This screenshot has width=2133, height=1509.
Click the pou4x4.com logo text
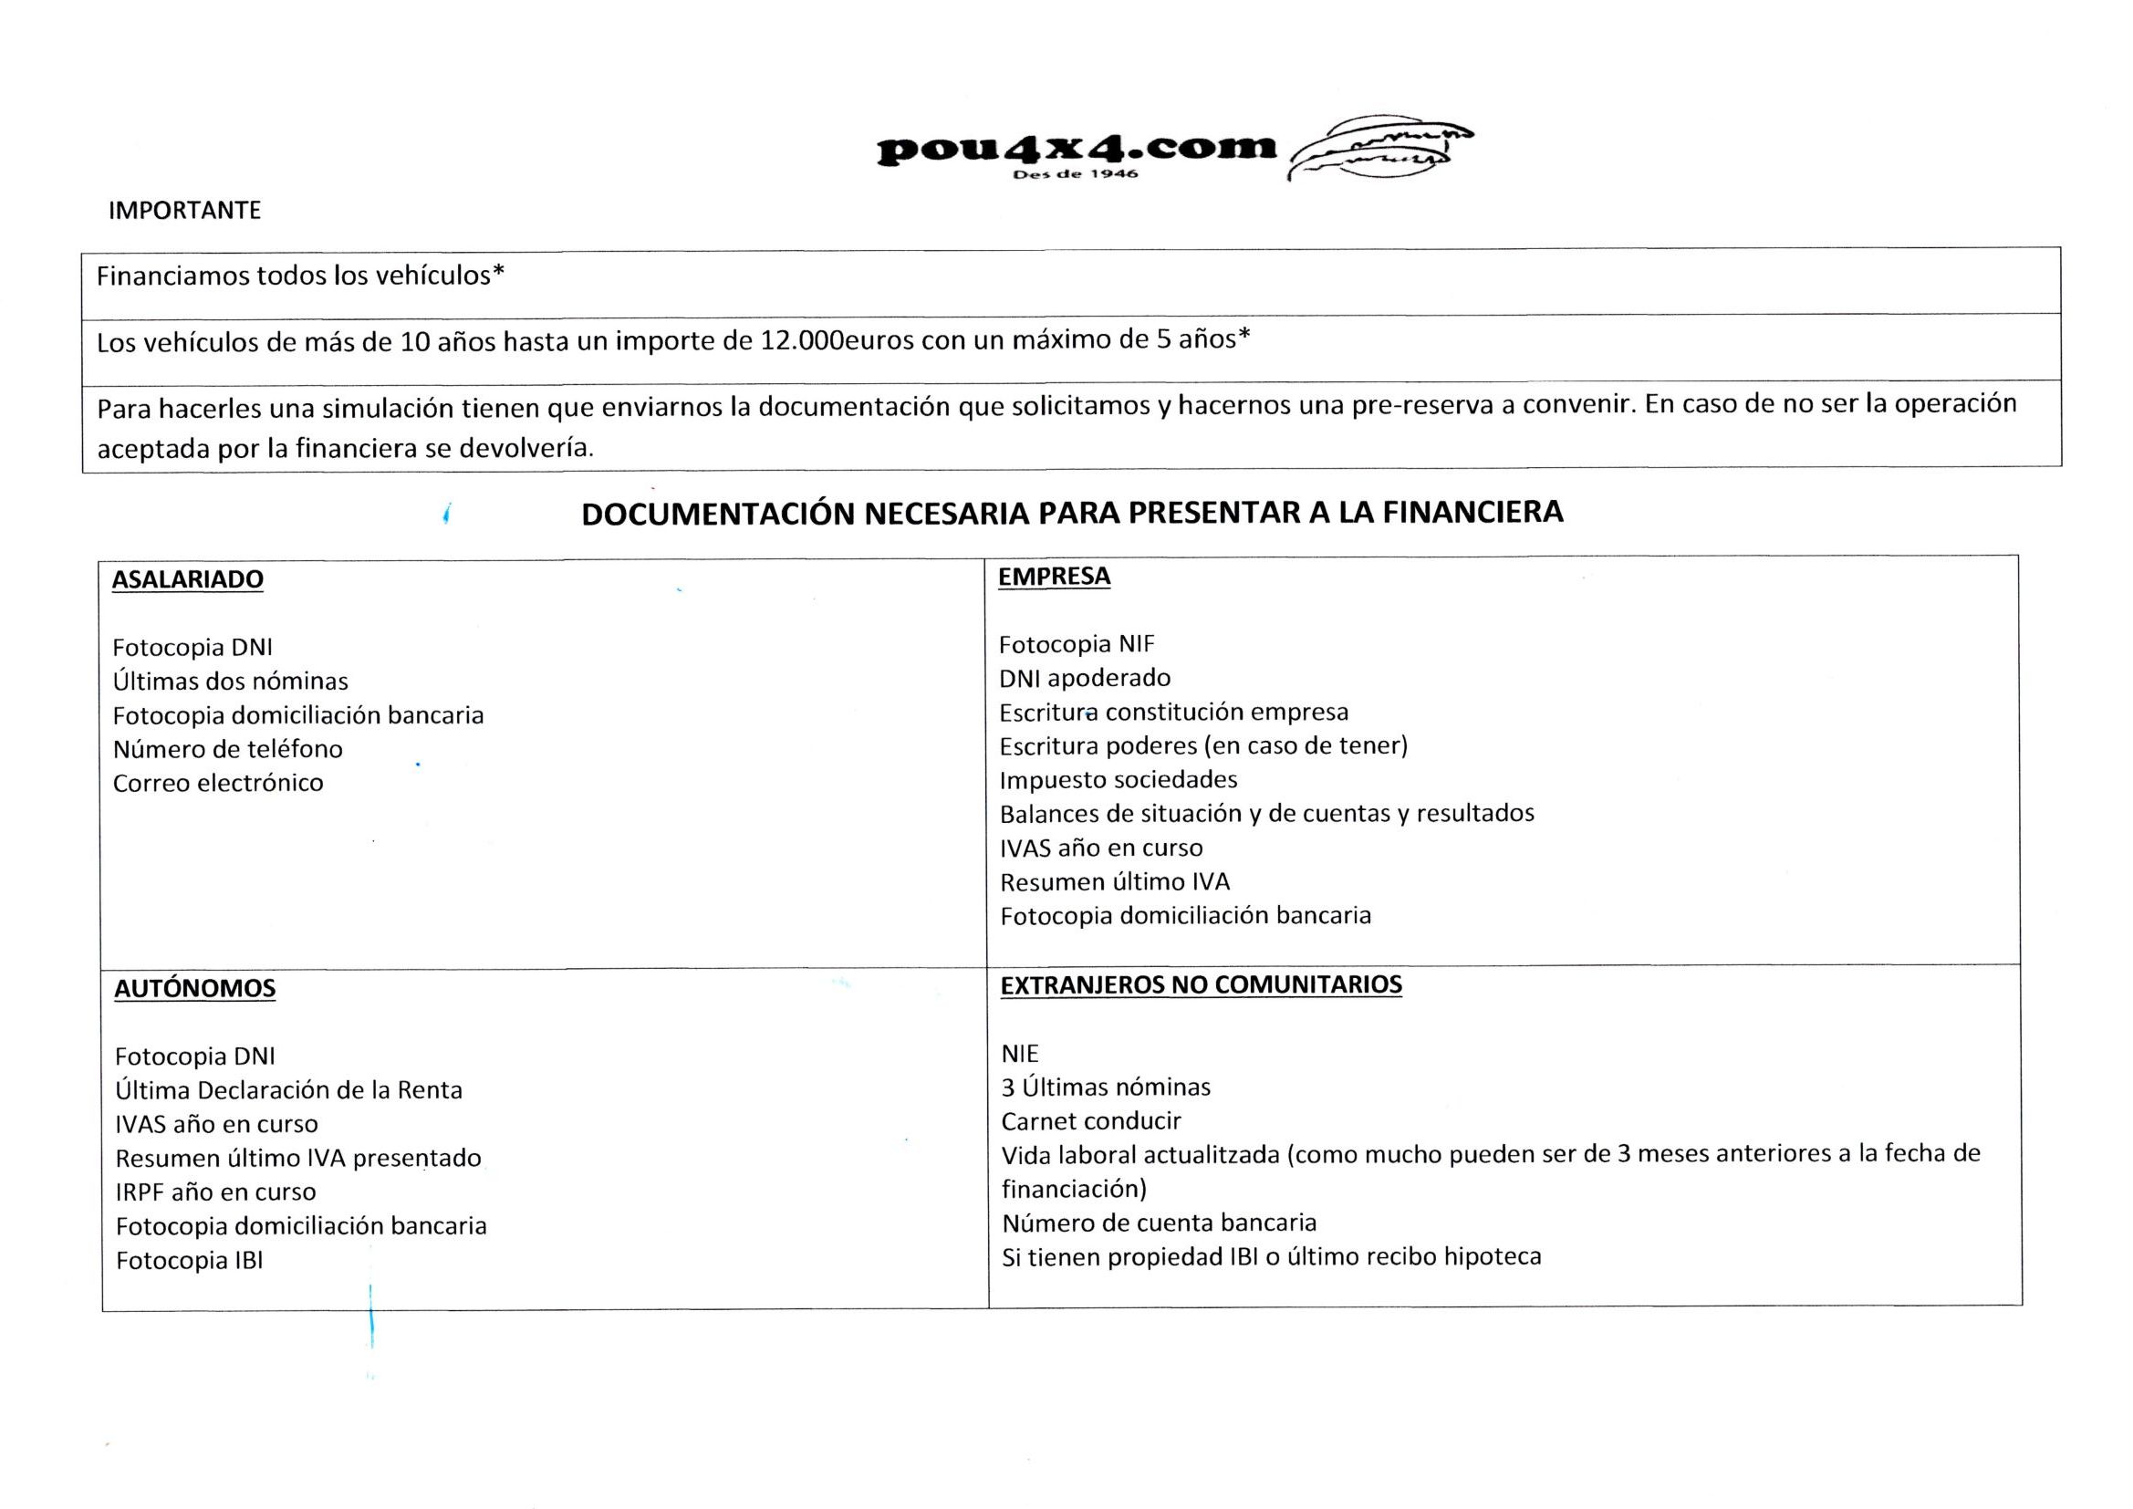tap(1077, 148)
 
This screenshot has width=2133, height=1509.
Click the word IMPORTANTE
tap(185, 211)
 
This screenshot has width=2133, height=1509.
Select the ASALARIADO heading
tap(188, 580)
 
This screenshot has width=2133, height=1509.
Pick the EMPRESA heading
tap(1055, 576)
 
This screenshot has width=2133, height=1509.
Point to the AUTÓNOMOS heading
tap(195, 988)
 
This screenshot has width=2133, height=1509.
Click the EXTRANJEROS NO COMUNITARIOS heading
tap(1202, 985)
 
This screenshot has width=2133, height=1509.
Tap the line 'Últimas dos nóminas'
tap(231, 682)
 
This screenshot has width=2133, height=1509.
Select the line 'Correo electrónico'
tap(218, 784)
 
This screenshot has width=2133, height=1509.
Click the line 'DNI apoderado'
tap(1085, 678)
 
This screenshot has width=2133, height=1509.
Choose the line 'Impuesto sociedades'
tap(1119, 779)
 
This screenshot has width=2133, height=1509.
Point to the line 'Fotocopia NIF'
tap(1077, 644)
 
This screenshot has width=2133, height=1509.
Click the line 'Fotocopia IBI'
tap(190, 1261)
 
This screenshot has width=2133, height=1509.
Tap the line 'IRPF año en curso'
tap(215, 1192)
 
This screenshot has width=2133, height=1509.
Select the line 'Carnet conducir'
tap(1091, 1121)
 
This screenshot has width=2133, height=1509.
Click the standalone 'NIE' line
tap(1020, 1054)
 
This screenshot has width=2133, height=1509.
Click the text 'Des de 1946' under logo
tap(1076, 174)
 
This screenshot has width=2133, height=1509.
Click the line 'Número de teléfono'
tap(227, 749)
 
